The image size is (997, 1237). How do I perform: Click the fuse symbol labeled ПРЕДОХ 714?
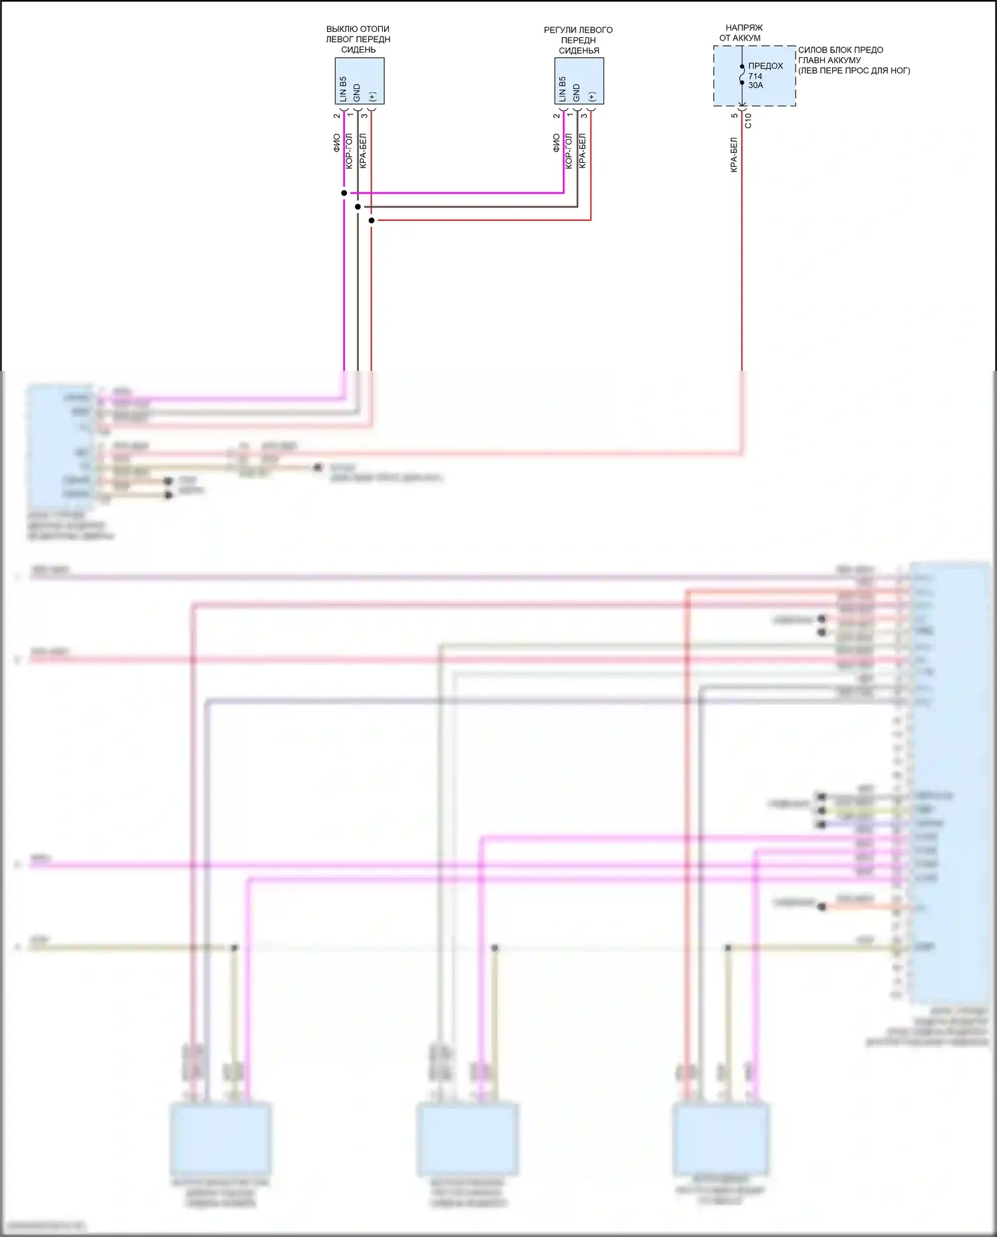click(742, 75)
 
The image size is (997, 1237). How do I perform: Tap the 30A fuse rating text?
click(756, 86)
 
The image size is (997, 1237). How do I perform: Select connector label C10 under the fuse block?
click(748, 120)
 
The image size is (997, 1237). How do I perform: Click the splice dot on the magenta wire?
click(344, 193)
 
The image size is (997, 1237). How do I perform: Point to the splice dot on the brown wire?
click(358, 207)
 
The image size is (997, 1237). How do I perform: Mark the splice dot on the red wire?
click(372, 220)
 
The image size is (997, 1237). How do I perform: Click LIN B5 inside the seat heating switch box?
click(343, 89)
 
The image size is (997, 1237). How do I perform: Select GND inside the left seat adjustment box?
click(576, 92)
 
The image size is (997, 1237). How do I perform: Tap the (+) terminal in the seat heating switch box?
click(372, 96)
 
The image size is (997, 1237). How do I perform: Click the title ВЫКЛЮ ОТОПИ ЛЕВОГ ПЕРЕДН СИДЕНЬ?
click(358, 39)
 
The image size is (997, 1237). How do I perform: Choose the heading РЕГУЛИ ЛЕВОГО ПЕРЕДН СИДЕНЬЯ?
click(578, 40)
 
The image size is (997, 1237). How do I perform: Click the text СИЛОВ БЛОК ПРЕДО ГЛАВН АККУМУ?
click(840, 55)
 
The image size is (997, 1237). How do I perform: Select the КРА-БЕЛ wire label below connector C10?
click(734, 155)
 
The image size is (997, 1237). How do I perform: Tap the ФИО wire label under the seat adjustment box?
click(556, 143)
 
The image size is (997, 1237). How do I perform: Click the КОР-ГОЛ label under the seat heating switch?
click(350, 151)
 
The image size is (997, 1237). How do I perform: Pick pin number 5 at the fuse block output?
click(734, 116)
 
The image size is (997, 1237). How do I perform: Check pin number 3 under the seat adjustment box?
click(584, 116)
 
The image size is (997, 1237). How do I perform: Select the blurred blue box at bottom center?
click(467, 1139)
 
